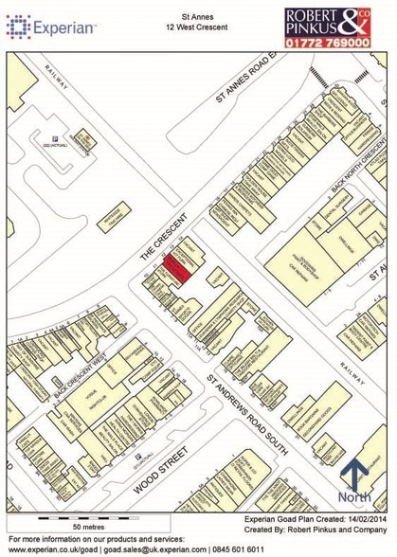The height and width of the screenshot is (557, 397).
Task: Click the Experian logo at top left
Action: [x=51, y=27]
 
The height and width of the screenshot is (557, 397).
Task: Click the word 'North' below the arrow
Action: [x=355, y=498]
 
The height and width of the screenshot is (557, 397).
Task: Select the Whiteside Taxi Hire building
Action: [x=124, y=212]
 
